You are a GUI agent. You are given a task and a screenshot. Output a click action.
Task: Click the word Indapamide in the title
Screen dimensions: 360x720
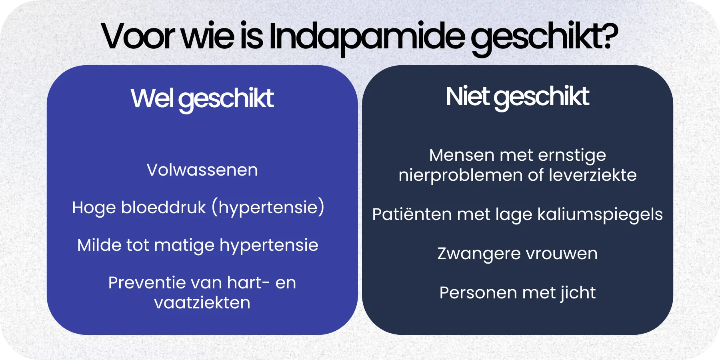tap(366, 37)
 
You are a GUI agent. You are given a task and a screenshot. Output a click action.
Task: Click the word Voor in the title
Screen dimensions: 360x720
tap(138, 37)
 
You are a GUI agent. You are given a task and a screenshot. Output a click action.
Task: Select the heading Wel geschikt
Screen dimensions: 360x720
tap(202, 98)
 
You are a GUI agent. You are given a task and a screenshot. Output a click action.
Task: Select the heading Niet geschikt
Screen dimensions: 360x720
tap(517, 96)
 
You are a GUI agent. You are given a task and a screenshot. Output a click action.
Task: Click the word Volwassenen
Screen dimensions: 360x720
tap(202, 170)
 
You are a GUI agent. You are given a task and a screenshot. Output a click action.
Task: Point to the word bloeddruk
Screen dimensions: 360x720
tap(163, 208)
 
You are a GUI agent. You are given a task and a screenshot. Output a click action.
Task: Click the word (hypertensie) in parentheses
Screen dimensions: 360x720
tap(268, 208)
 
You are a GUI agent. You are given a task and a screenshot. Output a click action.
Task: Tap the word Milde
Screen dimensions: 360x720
tap(99, 245)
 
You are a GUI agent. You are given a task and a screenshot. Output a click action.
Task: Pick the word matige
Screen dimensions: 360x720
tap(184, 245)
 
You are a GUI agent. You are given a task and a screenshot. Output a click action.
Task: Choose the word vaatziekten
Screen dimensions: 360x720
tap(202, 303)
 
